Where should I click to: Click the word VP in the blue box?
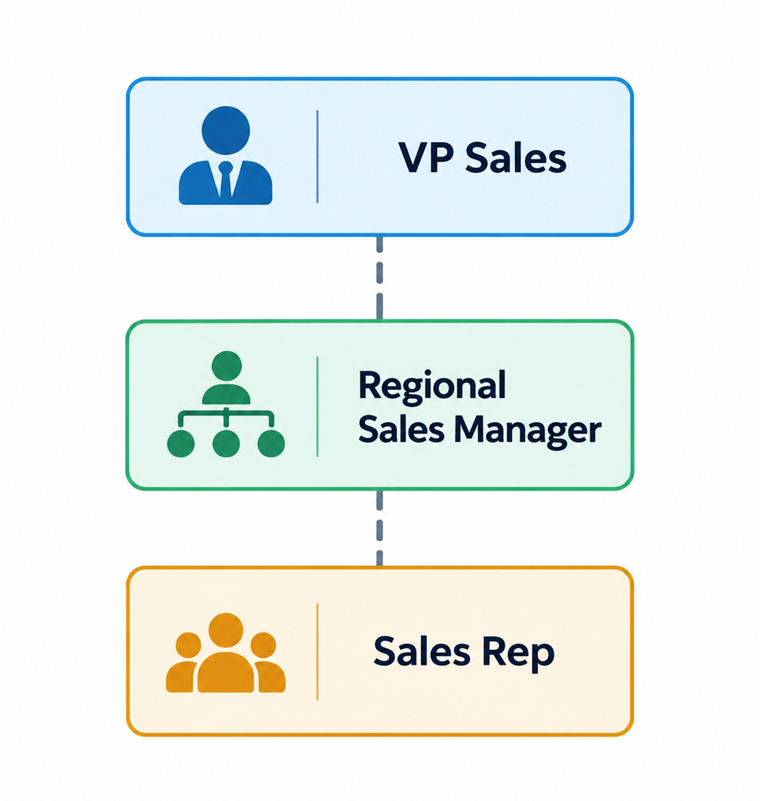427,158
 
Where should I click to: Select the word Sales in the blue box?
516,158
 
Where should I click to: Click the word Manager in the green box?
528,430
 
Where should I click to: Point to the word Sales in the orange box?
422,652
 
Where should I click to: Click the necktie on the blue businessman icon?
225,179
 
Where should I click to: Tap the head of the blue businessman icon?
226,130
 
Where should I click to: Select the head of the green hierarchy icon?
226,366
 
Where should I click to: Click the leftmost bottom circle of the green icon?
181,442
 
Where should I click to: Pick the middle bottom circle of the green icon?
226,442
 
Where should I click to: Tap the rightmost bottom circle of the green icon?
271,442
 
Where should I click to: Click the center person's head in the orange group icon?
226,630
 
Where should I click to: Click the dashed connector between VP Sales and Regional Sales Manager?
380,277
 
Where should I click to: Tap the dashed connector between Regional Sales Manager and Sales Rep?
380,528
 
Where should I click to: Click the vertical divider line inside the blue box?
318,157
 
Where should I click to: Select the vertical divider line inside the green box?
318,406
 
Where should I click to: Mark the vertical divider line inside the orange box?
318,652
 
